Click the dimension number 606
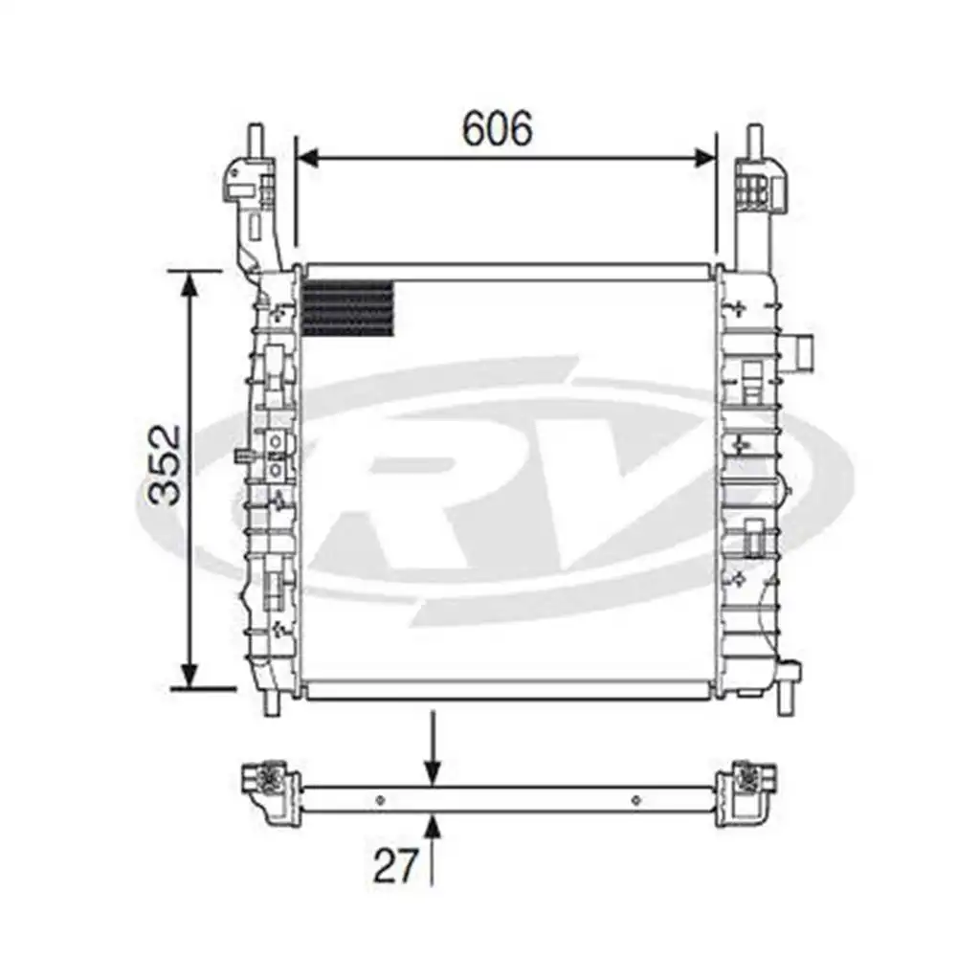(497, 129)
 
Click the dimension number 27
(396, 865)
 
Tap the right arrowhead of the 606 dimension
(704, 158)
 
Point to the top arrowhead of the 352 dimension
(191, 284)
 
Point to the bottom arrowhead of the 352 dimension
(191, 675)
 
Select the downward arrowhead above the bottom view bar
(433, 774)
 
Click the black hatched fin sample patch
(348, 309)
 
